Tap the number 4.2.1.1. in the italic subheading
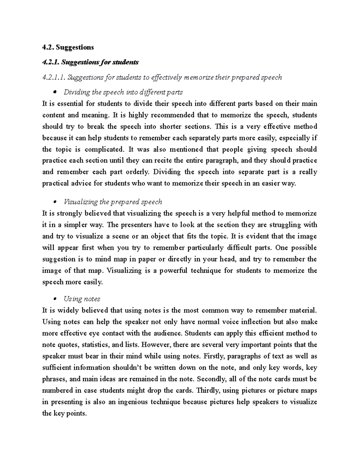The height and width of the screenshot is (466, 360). (x=54, y=77)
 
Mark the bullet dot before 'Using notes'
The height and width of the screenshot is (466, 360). (x=55, y=299)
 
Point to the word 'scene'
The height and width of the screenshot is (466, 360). (x=119, y=236)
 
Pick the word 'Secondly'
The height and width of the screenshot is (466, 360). (x=212, y=379)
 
